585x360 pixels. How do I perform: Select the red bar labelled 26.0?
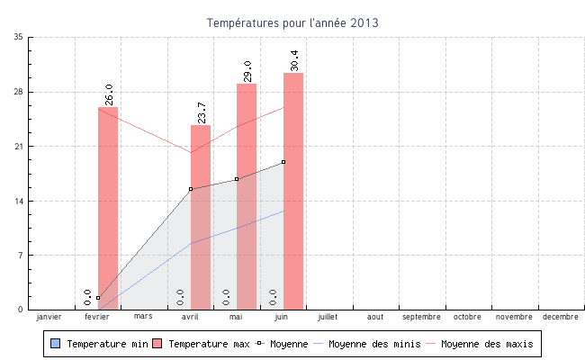click(108, 208)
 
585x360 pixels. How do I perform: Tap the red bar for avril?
click(201, 217)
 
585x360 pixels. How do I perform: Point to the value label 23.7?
click(202, 112)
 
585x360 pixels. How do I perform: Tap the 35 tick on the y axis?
click(19, 38)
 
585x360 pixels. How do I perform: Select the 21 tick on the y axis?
click(19, 147)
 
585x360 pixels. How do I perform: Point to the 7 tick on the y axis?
click(21, 256)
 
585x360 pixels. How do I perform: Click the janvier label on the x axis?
click(49, 317)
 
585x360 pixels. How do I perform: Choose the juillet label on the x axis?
click(328, 317)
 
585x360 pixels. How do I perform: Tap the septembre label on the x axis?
click(421, 317)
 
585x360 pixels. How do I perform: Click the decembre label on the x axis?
click(561, 317)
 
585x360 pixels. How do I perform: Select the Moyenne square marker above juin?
click(283, 162)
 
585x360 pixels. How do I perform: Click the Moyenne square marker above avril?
click(191, 189)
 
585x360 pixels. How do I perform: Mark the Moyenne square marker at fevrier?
click(98, 298)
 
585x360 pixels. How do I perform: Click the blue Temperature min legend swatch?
click(56, 344)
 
